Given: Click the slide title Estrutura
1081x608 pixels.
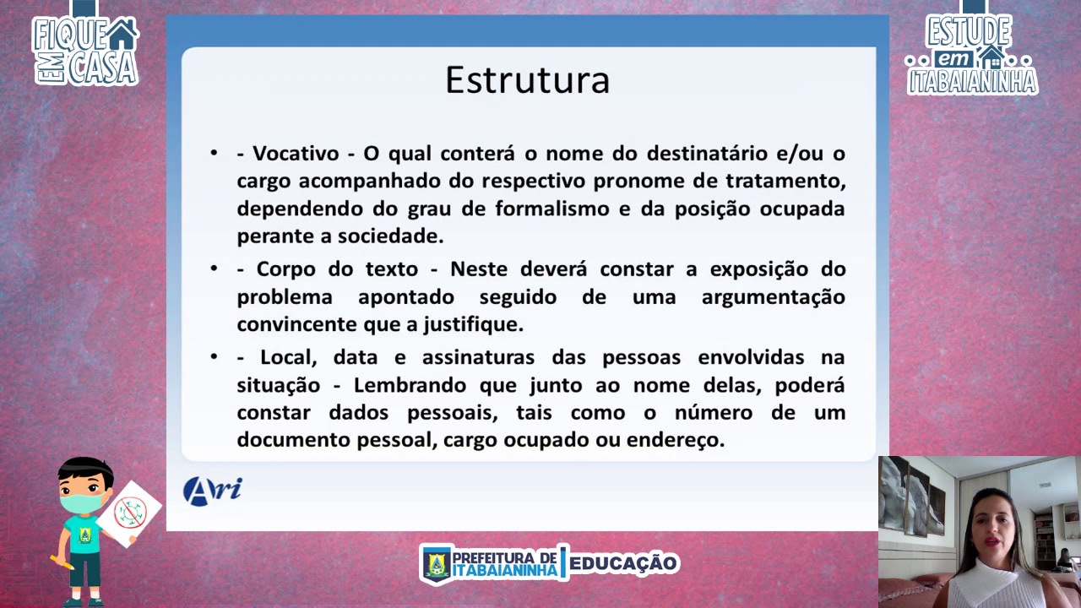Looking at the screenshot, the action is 528,79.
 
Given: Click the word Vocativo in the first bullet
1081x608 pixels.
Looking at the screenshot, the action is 296,154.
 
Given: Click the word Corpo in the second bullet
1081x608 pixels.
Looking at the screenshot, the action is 285,269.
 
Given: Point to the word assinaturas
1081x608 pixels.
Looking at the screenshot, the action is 478,358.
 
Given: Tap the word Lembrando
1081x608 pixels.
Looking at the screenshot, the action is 410,386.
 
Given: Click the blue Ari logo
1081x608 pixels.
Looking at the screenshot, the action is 212,491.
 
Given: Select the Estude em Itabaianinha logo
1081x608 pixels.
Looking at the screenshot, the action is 971,53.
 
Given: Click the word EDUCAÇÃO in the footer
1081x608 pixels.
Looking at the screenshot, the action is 623,563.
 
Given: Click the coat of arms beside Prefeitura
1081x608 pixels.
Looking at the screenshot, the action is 437,564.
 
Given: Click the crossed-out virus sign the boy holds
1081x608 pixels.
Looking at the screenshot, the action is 129,512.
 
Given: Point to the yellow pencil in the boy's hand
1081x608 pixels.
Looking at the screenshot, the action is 62,562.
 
